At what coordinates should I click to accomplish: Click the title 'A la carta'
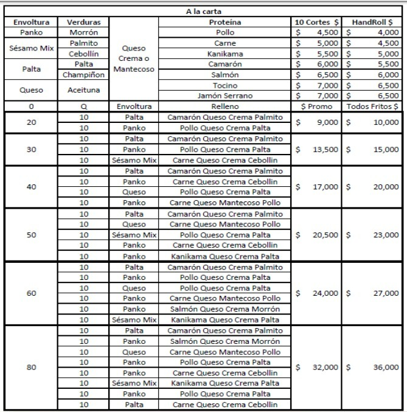coord(203,12)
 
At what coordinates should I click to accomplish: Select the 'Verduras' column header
coord(83,22)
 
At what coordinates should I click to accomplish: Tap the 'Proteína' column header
coord(224,22)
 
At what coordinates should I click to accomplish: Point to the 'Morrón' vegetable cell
coord(83,32)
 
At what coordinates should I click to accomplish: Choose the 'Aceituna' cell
coord(83,90)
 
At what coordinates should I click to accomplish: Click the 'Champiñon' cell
coord(83,75)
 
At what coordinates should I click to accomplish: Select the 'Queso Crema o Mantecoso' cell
coord(135,58)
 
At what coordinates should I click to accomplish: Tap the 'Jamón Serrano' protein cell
coord(224,96)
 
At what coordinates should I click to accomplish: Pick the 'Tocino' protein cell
coord(224,85)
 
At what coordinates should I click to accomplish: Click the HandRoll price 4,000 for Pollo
coord(388,32)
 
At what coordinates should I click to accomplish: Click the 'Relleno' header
coord(224,106)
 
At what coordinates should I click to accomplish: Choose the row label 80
coord(31,368)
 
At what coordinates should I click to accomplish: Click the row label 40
coord(31,187)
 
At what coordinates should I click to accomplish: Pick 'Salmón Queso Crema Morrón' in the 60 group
coord(224,309)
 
